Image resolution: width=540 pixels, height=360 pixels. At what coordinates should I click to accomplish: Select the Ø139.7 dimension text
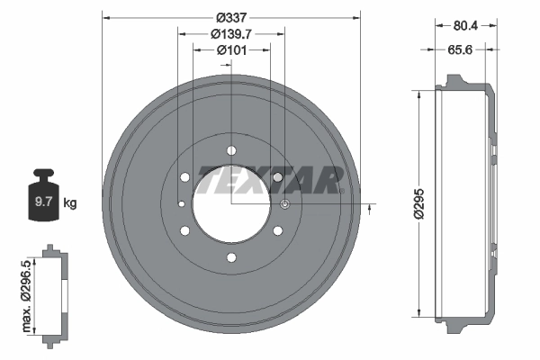(230, 34)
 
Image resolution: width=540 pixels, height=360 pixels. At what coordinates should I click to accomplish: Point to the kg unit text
(70, 203)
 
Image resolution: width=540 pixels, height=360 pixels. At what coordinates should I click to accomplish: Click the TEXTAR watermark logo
(270, 179)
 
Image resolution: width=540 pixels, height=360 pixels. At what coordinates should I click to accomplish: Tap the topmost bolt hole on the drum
(231, 150)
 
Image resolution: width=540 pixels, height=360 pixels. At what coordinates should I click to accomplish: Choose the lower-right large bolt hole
(277, 232)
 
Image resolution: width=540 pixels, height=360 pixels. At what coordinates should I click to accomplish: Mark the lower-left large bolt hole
(184, 232)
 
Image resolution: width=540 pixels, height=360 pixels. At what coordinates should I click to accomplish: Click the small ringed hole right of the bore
(284, 205)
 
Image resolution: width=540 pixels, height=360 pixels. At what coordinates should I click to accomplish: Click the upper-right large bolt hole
(277, 178)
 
